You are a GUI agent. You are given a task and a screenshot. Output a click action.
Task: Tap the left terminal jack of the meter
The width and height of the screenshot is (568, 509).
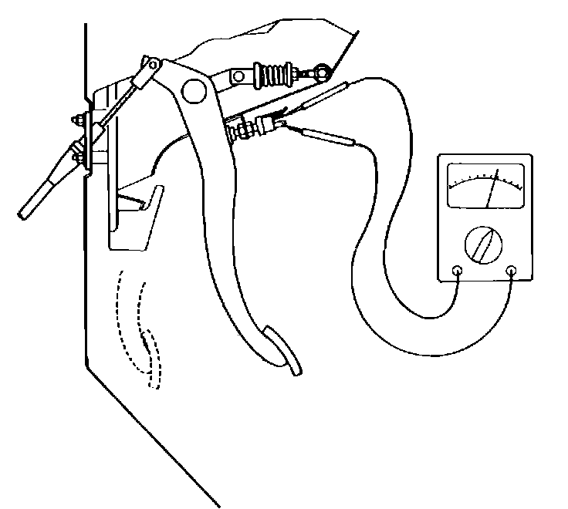click(457, 271)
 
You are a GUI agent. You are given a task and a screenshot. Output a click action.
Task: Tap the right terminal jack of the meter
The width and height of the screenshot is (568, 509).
click(511, 271)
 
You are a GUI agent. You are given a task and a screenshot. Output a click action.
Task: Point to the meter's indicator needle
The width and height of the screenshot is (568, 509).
click(492, 188)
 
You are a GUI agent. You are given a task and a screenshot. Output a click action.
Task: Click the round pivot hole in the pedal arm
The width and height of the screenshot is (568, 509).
click(194, 92)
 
